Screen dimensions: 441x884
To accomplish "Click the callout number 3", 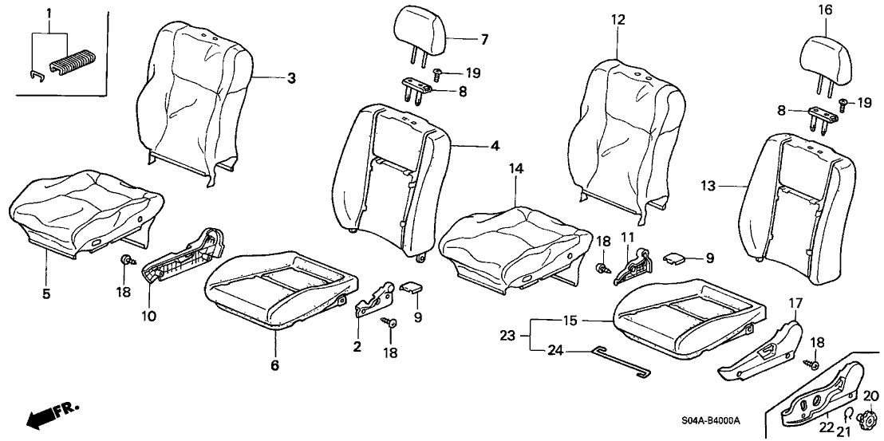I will coord(292,78).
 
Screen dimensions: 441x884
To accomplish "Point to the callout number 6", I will coord(274,365).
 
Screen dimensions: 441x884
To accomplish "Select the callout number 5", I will coord(46,294).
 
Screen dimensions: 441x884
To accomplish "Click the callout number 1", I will coord(49,14).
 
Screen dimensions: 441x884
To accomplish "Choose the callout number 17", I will coord(795,303).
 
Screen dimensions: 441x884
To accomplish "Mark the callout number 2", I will coord(357,346).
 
